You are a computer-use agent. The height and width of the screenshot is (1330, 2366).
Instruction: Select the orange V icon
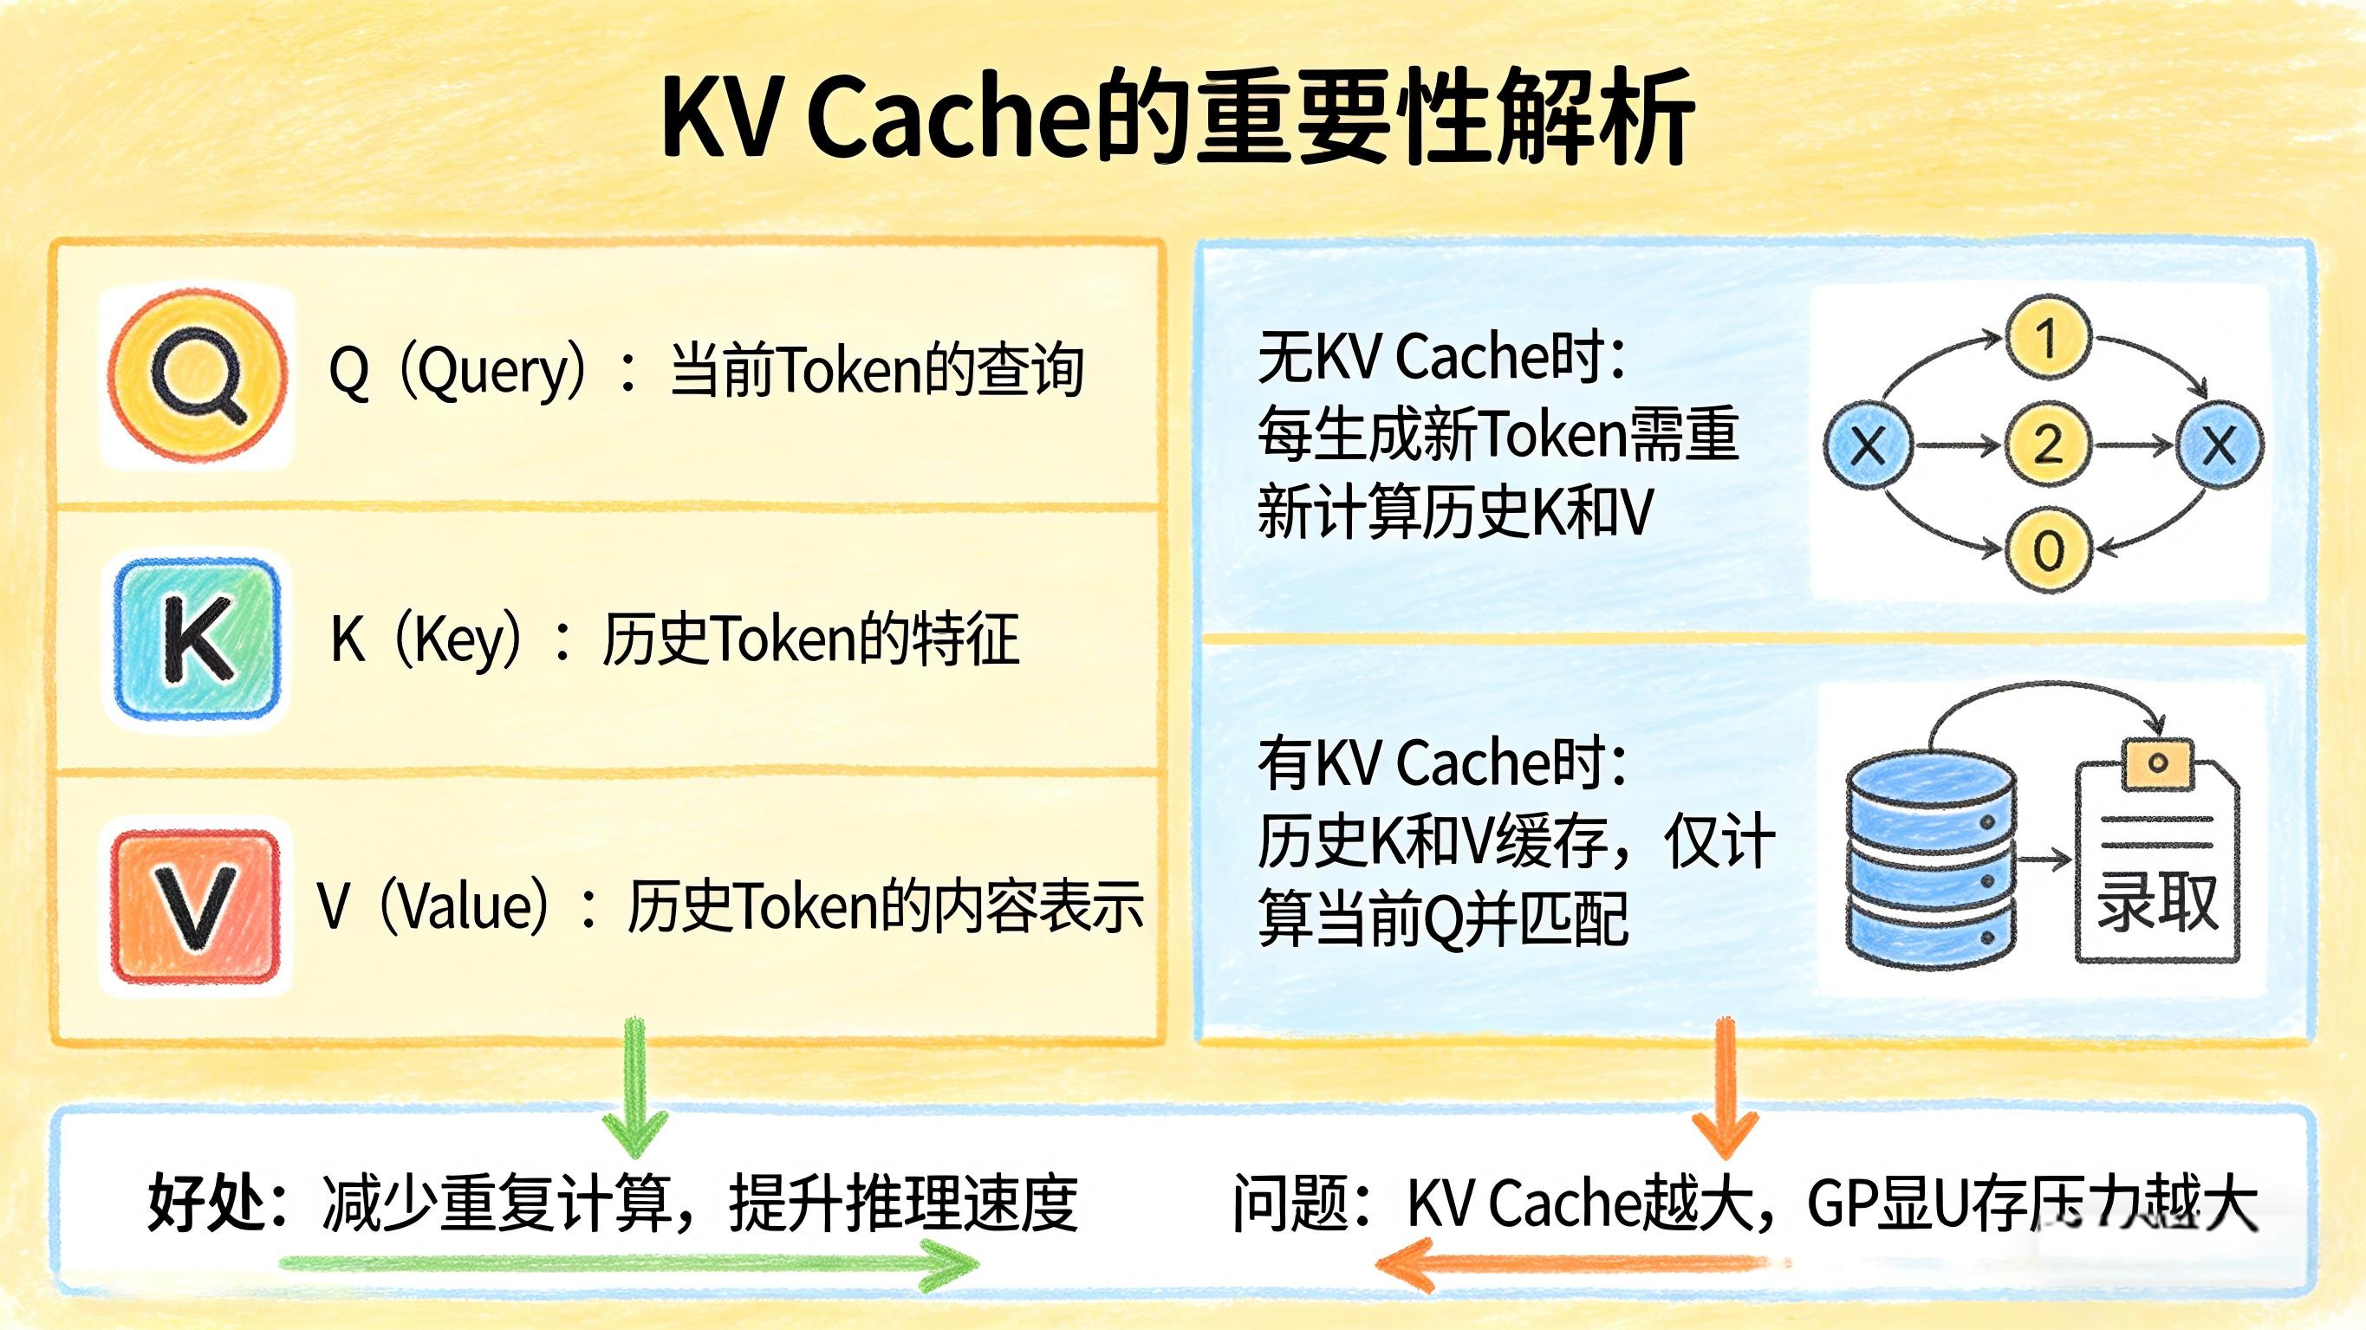click(x=195, y=905)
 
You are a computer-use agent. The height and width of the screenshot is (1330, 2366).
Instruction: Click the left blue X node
click(x=1869, y=445)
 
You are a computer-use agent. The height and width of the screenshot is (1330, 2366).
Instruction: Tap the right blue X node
click(x=2219, y=445)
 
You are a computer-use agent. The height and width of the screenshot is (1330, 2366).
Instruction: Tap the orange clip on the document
click(x=2157, y=762)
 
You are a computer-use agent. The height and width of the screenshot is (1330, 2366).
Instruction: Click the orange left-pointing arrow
click(x=1580, y=1265)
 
